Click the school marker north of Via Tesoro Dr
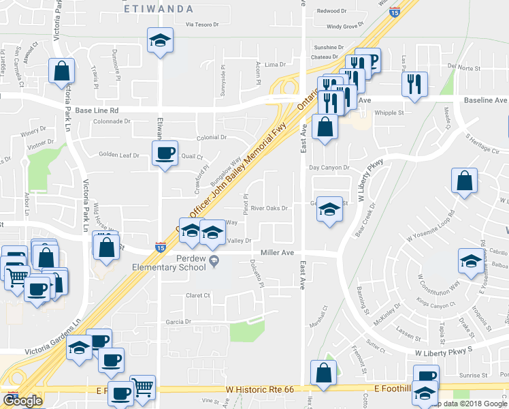tap(160, 40)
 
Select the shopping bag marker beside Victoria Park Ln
tap(62, 70)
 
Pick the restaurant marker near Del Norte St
tap(414, 84)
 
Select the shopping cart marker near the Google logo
tap(143, 389)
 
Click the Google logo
tap(22, 402)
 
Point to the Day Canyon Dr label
tap(329, 168)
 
